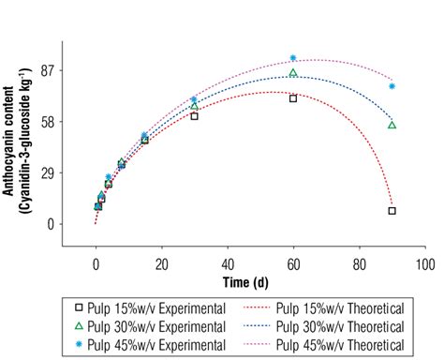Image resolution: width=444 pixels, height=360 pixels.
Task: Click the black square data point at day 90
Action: click(x=392, y=211)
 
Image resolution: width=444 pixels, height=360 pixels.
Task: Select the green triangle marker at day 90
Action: click(x=392, y=125)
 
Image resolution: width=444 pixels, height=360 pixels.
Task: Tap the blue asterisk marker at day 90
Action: click(x=392, y=86)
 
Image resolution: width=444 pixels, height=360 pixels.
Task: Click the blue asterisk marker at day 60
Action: click(x=293, y=58)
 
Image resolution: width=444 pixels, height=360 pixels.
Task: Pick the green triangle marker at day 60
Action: click(x=293, y=73)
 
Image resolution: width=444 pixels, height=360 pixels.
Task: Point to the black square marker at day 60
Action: click(x=293, y=98)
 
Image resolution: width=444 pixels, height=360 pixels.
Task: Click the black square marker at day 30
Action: click(x=194, y=116)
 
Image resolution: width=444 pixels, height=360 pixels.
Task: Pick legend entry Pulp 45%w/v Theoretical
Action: click(x=343, y=344)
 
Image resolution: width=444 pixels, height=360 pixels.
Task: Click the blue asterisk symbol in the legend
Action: click(x=79, y=344)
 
